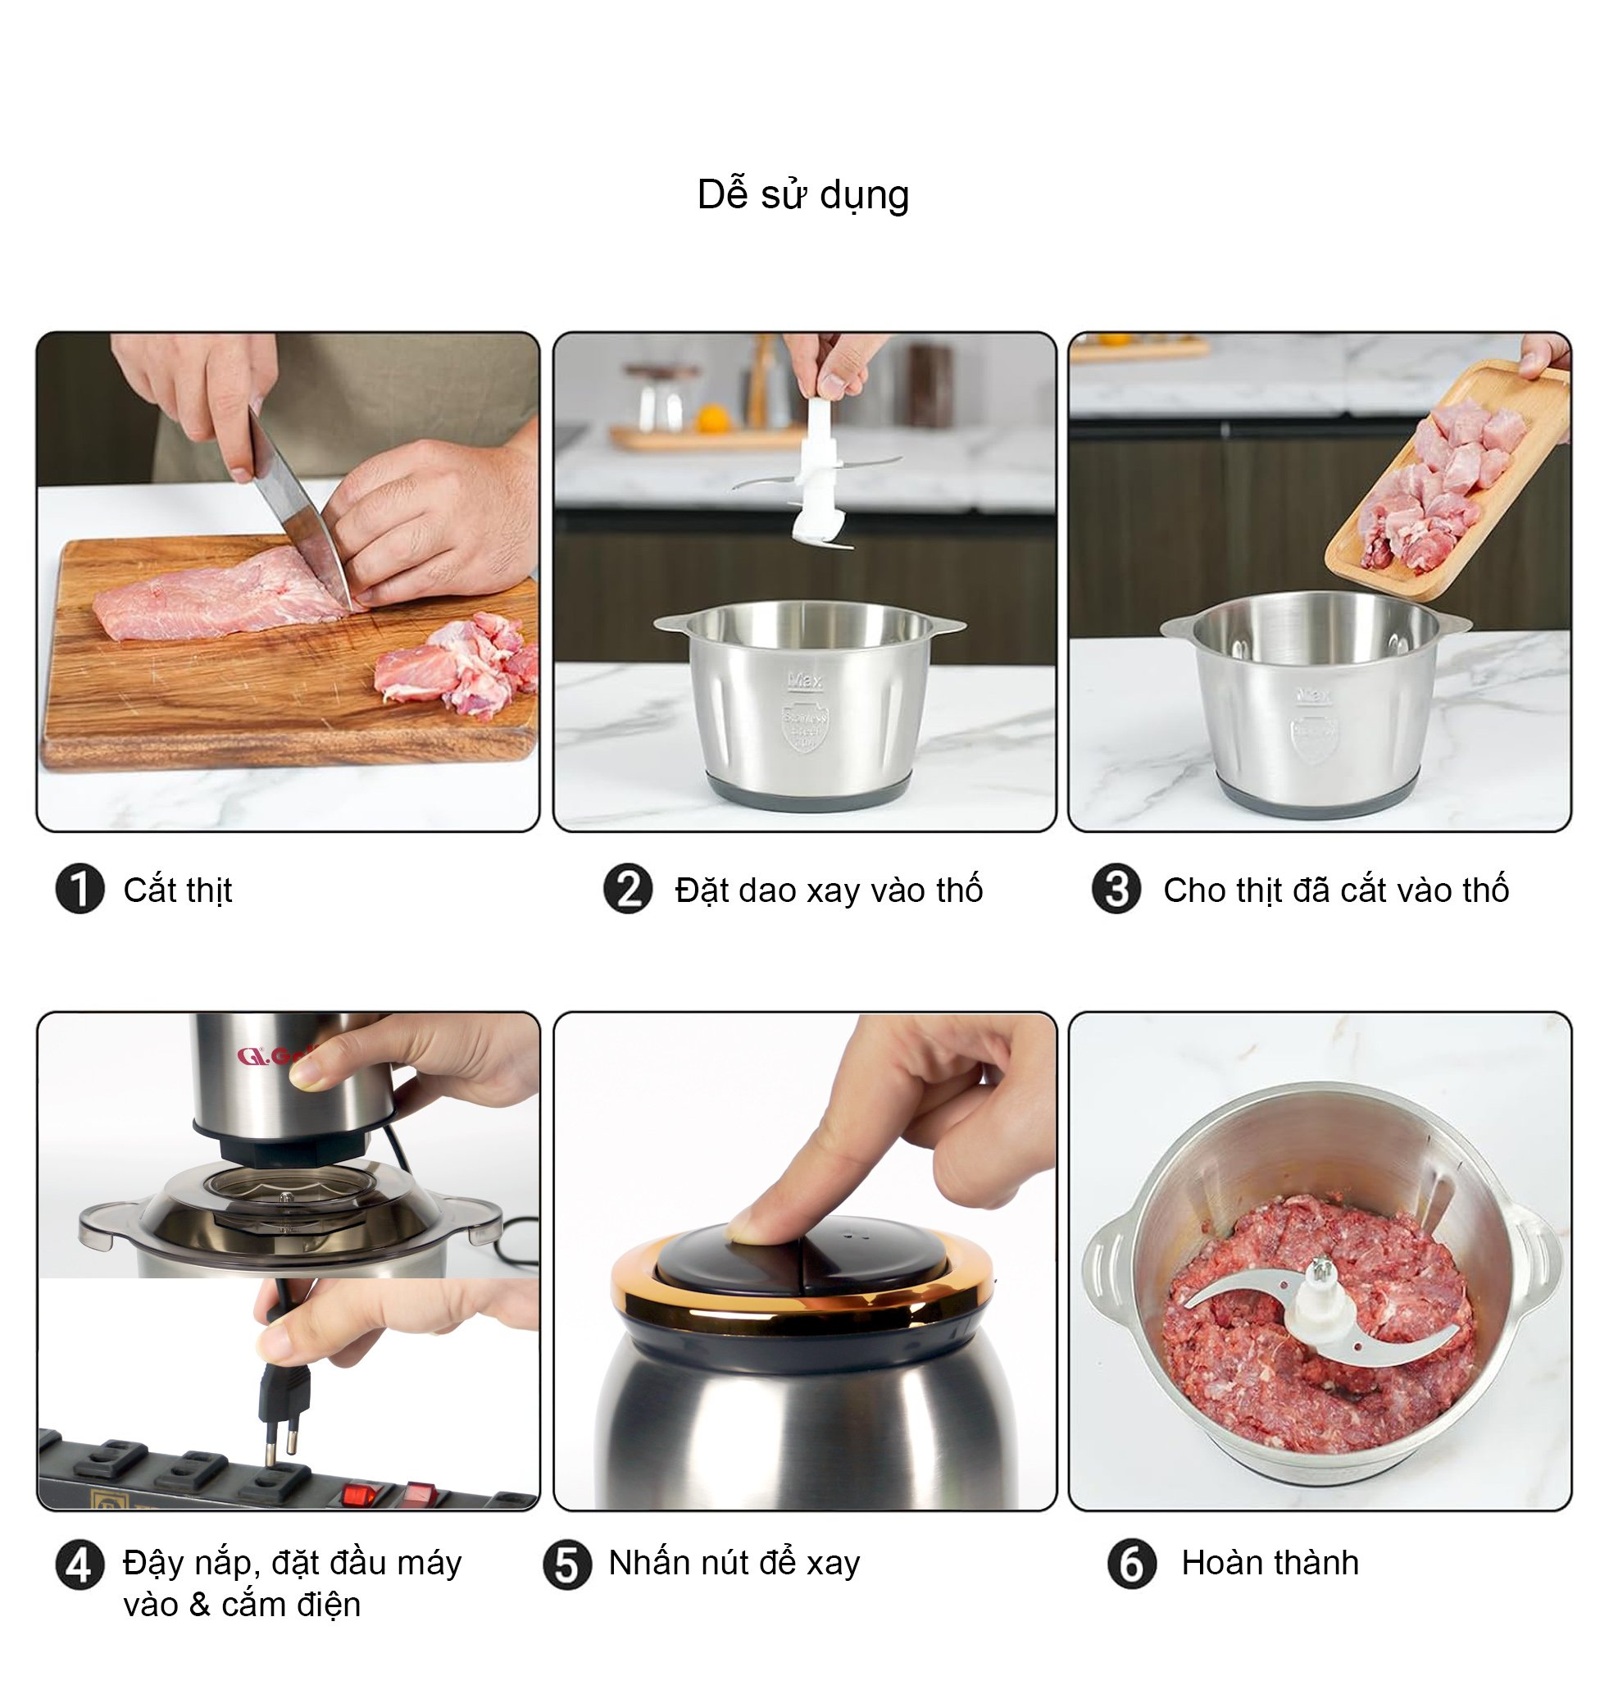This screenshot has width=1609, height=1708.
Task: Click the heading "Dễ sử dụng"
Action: point(803,195)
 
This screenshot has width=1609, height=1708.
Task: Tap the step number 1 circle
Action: point(80,889)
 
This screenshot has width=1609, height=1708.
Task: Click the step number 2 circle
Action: point(628,889)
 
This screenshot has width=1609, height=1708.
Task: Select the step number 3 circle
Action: point(1116,889)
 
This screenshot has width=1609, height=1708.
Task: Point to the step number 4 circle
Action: point(80,1565)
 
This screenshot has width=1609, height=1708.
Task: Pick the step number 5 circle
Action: point(567,1565)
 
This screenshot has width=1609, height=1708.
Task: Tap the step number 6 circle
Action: point(1132,1564)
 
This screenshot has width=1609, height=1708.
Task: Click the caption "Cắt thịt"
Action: point(178,890)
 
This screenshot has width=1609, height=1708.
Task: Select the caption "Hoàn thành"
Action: point(1270,1563)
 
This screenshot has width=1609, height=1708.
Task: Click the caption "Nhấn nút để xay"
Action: point(734,1563)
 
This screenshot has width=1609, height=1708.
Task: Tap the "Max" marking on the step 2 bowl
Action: point(805,681)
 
